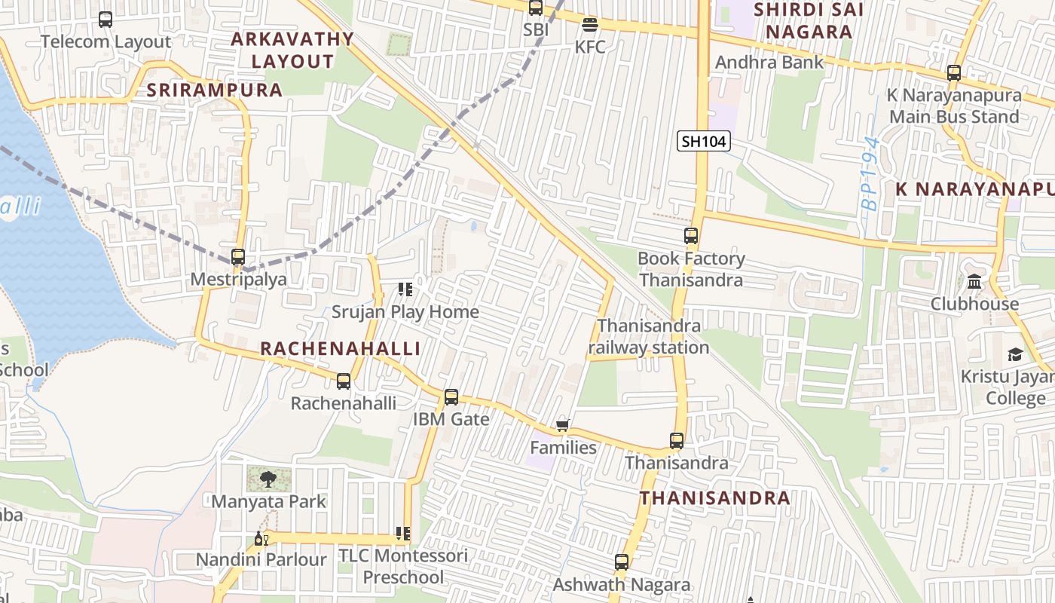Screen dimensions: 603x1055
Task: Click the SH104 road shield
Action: pos(704,141)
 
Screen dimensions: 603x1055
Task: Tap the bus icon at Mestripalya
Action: pos(238,256)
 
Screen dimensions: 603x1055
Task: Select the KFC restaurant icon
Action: pos(590,24)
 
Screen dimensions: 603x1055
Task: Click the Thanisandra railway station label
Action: pos(649,337)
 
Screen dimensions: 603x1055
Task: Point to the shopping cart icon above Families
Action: pos(562,426)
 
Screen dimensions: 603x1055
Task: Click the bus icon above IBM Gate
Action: pos(451,396)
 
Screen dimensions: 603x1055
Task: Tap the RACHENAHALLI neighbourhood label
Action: pos(340,348)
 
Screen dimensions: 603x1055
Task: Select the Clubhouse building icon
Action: pos(974,282)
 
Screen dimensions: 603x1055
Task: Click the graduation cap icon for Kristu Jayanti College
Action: pos(1015,354)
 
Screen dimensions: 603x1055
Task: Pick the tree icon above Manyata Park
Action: pos(268,478)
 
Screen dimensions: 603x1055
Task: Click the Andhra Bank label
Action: pos(769,63)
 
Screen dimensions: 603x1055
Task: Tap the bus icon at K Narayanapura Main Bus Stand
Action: pos(954,73)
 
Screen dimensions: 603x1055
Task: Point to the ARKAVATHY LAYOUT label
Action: pos(292,50)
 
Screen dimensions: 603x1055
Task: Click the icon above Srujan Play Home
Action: pos(405,289)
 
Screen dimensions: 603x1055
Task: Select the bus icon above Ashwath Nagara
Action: pos(621,562)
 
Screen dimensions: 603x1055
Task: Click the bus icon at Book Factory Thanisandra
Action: pos(691,235)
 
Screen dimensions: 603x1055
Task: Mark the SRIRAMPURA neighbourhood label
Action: pos(215,90)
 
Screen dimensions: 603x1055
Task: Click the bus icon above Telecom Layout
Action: pos(105,20)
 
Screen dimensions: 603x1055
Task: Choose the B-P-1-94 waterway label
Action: pos(871,173)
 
